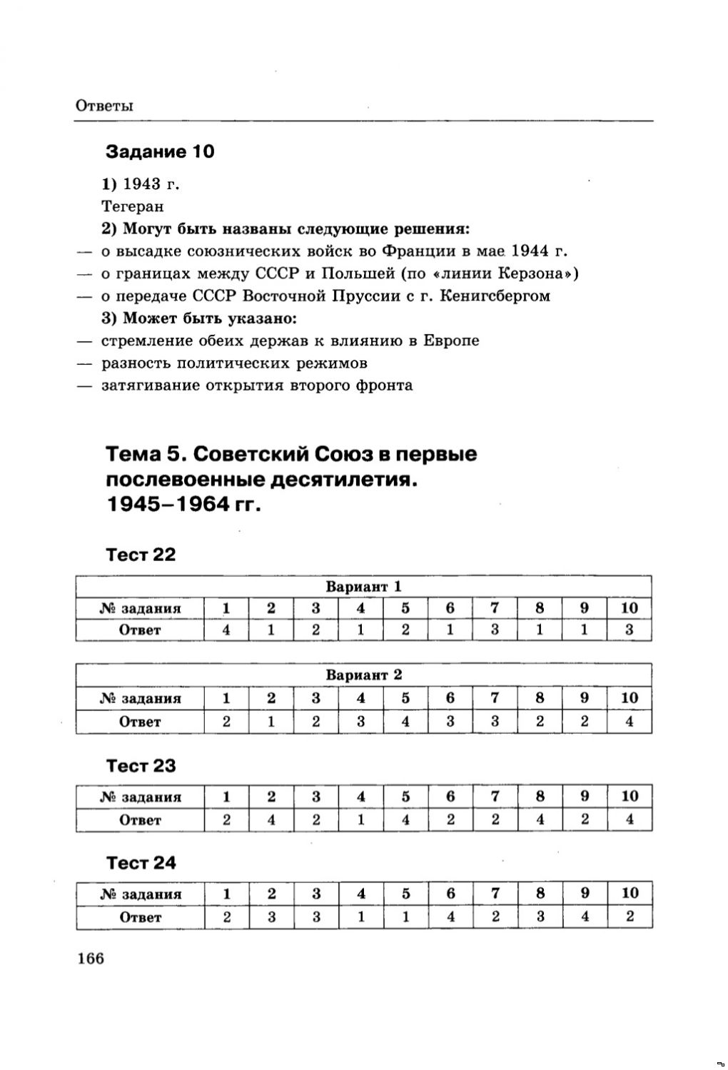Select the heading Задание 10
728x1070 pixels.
click(160, 151)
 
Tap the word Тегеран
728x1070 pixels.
click(132, 206)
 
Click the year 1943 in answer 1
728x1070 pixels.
click(141, 184)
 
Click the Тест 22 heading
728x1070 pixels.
click(141, 555)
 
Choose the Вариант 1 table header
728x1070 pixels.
click(364, 587)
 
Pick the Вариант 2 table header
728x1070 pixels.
click(364, 675)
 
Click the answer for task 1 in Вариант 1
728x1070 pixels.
click(226, 630)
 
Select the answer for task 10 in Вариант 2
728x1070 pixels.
click(630, 721)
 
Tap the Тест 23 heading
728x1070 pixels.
click(141, 766)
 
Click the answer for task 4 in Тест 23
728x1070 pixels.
click(361, 819)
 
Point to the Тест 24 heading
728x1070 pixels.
click(141, 863)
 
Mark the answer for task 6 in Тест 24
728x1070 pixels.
click(450, 917)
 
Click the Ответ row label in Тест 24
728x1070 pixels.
click(141, 917)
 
